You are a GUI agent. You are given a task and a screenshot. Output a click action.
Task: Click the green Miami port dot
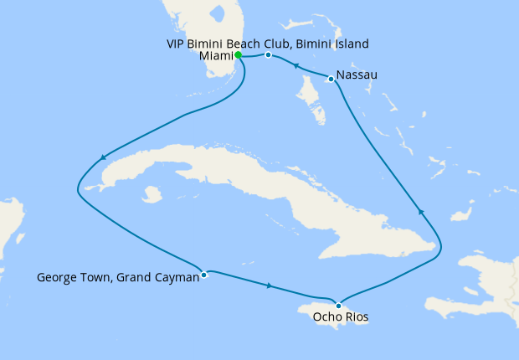[x=239, y=55]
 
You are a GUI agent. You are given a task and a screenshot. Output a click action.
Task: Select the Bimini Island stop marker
[x=268, y=55]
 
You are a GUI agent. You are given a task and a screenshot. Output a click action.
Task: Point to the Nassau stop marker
[x=332, y=80]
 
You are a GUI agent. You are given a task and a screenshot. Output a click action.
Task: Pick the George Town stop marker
[x=204, y=274]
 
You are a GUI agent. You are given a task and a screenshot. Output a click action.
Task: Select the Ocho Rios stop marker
[x=338, y=305]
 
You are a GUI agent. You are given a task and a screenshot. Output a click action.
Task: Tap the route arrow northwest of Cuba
[x=103, y=157]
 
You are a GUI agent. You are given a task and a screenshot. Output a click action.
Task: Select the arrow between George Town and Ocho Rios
[x=268, y=286]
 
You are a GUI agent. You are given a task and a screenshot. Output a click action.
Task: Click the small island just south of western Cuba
[x=152, y=195]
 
